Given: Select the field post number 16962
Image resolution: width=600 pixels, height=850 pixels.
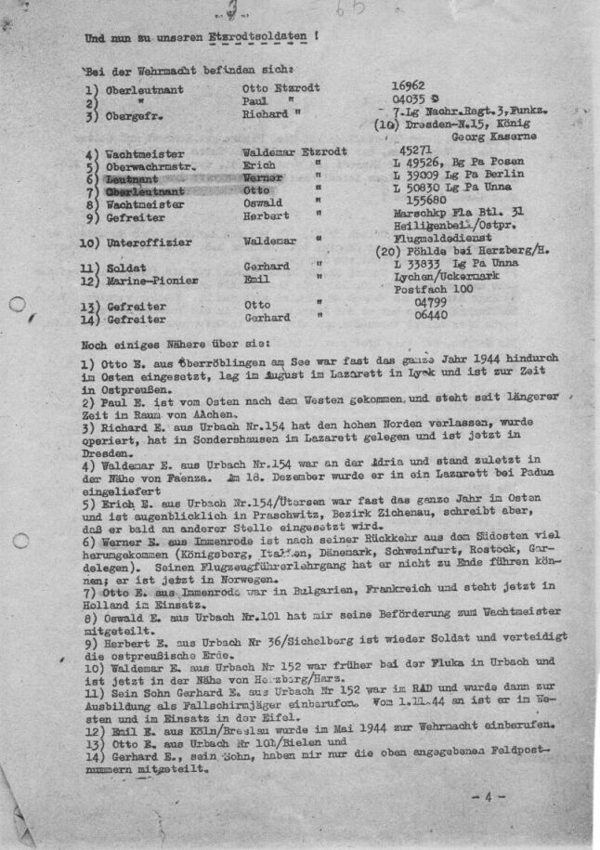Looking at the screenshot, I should coord(412,85).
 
